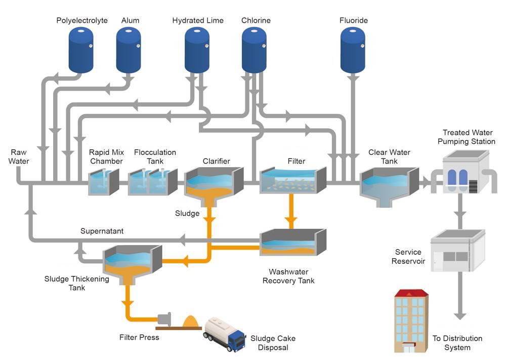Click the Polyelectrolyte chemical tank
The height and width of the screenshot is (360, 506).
[x=81, y=50]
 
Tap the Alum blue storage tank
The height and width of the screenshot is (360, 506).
[x=129, y=50]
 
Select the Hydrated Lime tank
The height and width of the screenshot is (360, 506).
[x=197, y=50]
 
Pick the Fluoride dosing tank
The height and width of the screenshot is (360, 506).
[x=353, y=50]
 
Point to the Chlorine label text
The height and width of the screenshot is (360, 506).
[x=256, y=20]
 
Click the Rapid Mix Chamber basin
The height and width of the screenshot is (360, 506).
[x=104, y=182]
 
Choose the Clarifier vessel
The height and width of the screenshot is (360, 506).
[x=214, y=186]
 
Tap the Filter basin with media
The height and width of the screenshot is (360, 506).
[x=293, y=180]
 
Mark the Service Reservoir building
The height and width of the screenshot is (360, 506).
[x=458, y=251]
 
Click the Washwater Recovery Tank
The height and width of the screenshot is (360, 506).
[x=293, y=242]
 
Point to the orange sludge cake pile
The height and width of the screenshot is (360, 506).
[x=192, y=322]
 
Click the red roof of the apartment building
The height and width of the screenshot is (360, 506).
[x=411, y=293]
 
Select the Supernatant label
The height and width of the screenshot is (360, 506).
[x=102, y=231]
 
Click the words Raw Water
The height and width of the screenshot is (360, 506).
[x=18, y=156]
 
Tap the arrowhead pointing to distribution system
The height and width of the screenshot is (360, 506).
[x=460, y=316]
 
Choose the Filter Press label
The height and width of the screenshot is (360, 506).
[x=140, y=337]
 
